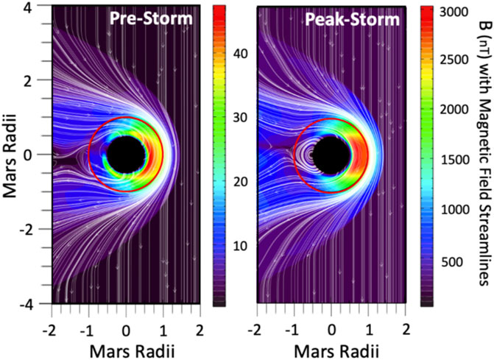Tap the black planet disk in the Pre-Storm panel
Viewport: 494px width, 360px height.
[127, 154]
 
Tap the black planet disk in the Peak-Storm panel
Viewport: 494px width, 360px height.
[331, 154]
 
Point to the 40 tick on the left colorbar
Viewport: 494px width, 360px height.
[241, 52]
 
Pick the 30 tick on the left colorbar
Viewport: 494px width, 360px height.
[241, 119]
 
